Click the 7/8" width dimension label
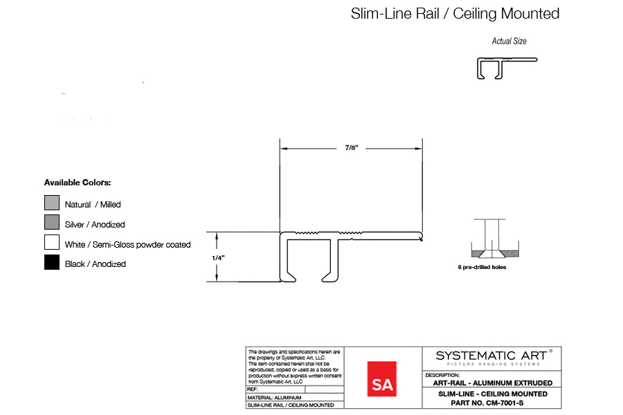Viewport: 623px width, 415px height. click(352, 148)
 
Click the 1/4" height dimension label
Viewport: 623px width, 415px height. click(218, 258)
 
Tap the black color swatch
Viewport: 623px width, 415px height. click(52, 262)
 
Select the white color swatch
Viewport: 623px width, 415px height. click(52, 242)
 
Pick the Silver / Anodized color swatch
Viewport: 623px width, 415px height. click(52, 223)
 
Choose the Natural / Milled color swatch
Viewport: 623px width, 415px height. click(52, 203)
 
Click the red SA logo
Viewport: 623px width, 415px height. click(382, 379)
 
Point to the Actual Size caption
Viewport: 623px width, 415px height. click(509, 41)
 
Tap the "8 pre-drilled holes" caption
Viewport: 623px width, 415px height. click(482, 267)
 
